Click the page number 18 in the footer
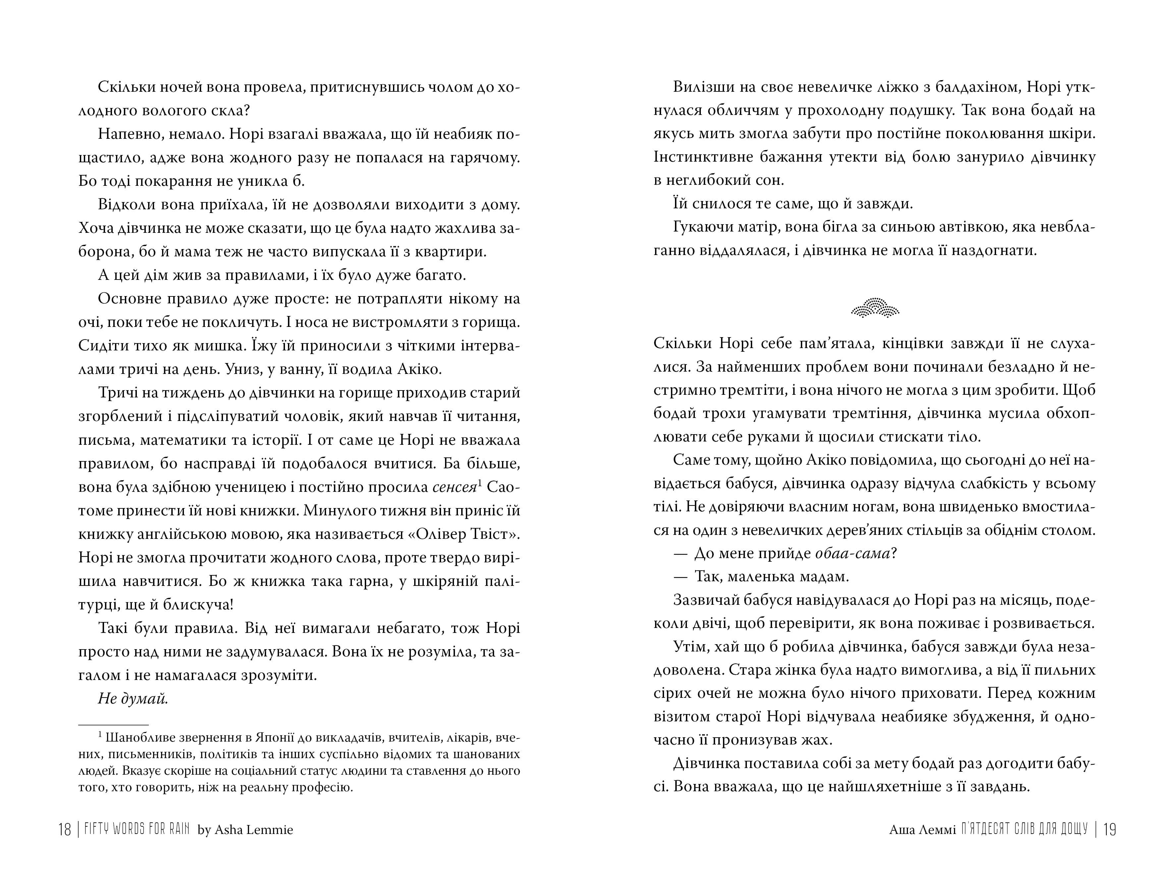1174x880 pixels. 64,829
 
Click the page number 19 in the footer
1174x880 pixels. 1109,829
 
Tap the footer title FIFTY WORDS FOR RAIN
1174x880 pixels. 137,829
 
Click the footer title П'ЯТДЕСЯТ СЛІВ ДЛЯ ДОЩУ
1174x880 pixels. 1024,829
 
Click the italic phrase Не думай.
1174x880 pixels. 133,699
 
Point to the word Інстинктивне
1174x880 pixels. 698,157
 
